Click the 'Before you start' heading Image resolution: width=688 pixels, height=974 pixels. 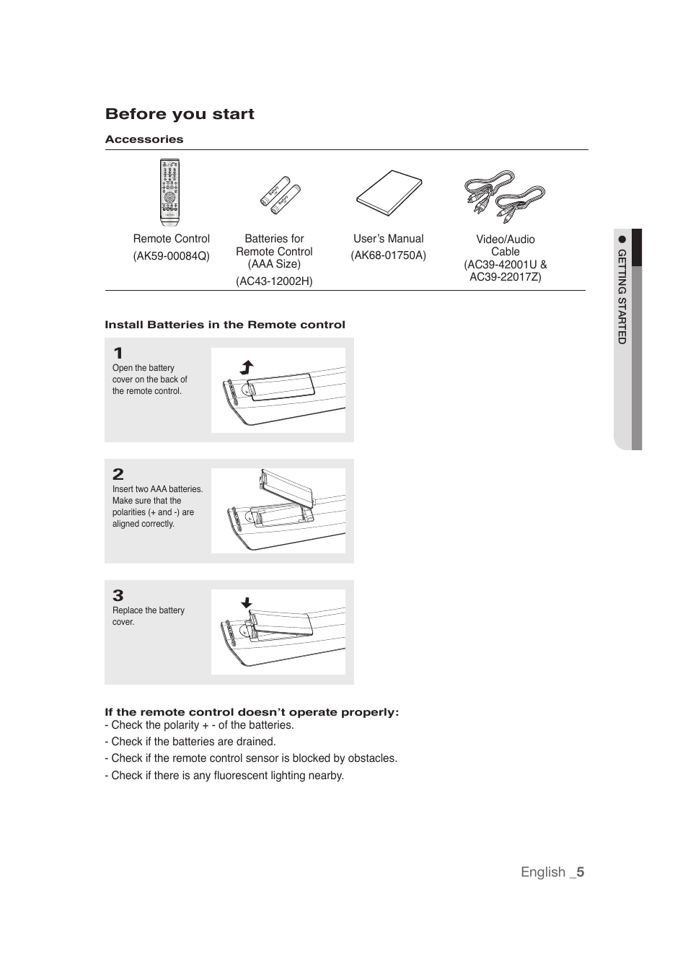(x=180, y=114)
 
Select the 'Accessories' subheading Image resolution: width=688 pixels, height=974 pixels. (x=144, y=139)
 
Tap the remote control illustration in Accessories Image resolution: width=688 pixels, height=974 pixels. (x=169, y=192)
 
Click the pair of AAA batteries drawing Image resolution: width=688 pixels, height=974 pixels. (x=280, y=193)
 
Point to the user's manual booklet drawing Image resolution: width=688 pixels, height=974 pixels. (x=389, y=193)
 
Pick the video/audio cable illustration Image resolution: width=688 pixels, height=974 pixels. (x=505, y=196)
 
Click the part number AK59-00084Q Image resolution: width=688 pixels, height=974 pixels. (x=171, y=256)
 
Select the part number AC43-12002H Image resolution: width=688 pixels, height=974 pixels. (x=274, y=281)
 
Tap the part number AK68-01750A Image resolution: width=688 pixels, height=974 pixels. (x=388, y=255)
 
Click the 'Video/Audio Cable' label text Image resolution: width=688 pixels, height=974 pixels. (x=505, y=245)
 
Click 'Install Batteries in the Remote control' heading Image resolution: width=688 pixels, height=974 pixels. (x=225, y=325)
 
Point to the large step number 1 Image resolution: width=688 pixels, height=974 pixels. (x=118, y=354)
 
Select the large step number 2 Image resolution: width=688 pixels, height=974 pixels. (x=118, y=474)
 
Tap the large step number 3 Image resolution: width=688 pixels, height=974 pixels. (x=118, y=595)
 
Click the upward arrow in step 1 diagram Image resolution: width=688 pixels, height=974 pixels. (x=247, y=367)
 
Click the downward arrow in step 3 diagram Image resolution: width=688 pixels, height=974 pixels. (x=247, y=603)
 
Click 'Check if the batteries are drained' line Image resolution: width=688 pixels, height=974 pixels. (x=190, y=742)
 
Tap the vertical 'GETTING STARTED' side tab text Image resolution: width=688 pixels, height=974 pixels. (x=622, y=297)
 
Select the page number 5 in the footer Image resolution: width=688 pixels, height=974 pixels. (x=580, y=872)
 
